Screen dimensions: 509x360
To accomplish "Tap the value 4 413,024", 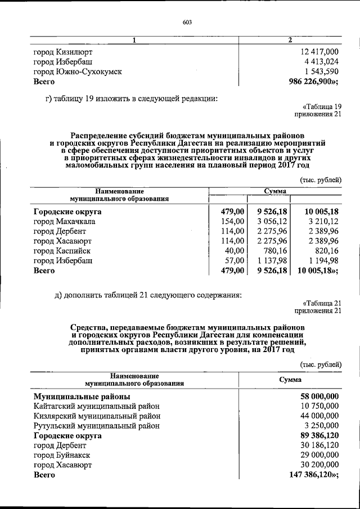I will [319, 62].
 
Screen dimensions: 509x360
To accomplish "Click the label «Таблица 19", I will [322, 106].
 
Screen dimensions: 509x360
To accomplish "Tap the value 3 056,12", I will [272, 222].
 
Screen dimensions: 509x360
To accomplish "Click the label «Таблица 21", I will [322, 302].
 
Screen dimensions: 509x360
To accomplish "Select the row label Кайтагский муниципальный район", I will [96, 406].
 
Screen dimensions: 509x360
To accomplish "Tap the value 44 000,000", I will [316, 416].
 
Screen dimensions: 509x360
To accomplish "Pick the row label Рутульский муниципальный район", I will [96, 426].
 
